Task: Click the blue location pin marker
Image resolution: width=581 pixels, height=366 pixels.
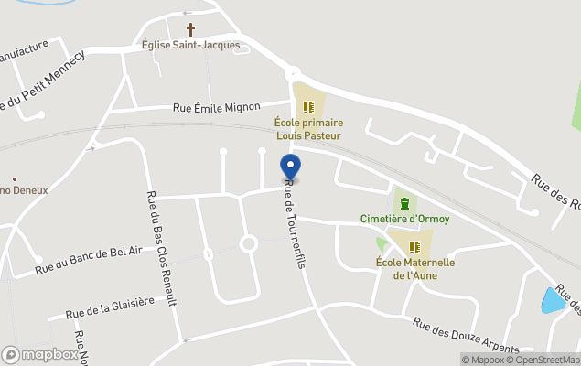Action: [290, 167]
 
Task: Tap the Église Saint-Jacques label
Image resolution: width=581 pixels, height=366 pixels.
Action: [190, 45]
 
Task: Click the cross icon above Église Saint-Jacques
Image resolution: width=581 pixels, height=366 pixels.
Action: [191, 29]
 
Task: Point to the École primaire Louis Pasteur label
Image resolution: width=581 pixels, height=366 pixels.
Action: [308, 129]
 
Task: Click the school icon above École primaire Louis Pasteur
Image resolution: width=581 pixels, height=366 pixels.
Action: [308, 106]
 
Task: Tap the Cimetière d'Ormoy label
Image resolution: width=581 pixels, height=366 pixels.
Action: [404, 219]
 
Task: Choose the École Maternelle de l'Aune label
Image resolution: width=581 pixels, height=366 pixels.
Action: [414, 268]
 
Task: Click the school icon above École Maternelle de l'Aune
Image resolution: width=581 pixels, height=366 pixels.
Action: [414, 247]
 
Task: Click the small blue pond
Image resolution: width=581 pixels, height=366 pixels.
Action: [553, 300]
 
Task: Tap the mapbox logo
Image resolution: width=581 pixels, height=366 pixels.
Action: [40, 354]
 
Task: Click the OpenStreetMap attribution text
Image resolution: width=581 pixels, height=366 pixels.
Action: [546, 360]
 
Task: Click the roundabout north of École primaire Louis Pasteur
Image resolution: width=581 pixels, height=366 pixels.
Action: [293, 73]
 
